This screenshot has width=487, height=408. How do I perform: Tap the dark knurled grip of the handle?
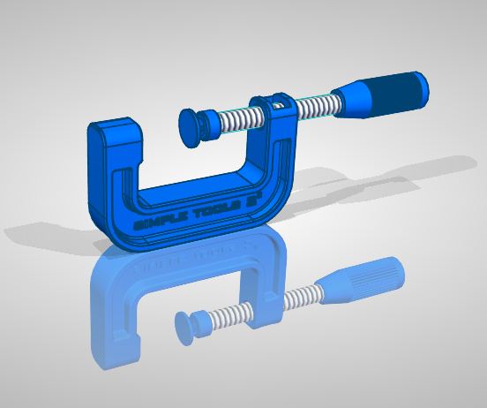coord(396,91)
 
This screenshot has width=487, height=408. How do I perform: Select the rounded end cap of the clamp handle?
coord(422,85)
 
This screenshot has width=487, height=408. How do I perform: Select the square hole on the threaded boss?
coord(281,106)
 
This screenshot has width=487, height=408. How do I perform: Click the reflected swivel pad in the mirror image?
coord(188,324)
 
